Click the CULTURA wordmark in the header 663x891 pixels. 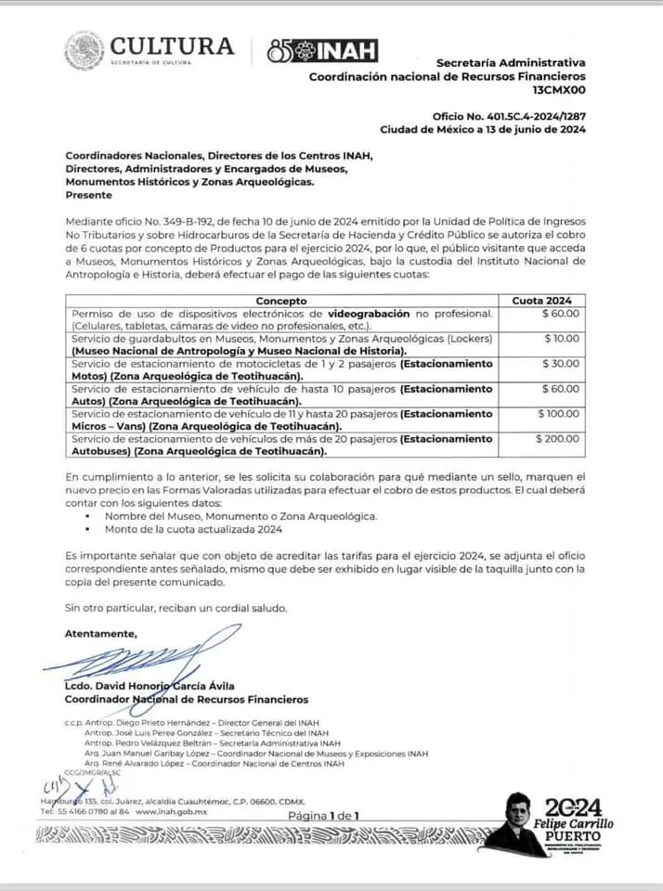click(x=172, y=46)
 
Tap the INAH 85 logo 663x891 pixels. click(x=321, y=51)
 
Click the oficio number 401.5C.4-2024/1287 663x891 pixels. click(x=509, y=116)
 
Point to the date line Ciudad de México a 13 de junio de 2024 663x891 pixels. click(x=483, y=130)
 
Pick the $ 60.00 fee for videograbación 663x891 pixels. click(x=561, y=314)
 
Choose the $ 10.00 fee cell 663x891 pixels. click(x=561, y=339)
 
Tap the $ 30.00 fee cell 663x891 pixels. click(x=561, y=364)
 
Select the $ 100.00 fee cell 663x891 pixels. click(x=558, y=414)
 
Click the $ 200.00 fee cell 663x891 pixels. click(x=558, y=439)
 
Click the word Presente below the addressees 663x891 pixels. click(x=88, y=195)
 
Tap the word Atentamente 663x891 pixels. click(x=100, y=633)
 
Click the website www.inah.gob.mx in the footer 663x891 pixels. click(x=171, y=811)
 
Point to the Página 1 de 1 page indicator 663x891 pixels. click(x=323, y=815)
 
